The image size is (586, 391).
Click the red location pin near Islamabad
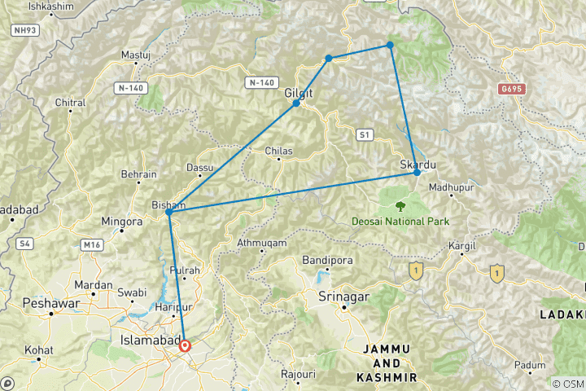pos(186,345)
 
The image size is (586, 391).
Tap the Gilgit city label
pos(299,93)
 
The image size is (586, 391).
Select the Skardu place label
pos(418,165)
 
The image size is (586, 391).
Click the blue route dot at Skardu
pos(417,172)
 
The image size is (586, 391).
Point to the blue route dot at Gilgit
pos(296,103)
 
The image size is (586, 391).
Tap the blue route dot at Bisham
pos(168,212)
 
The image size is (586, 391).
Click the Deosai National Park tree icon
pos(400,207)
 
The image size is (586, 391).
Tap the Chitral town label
pos(70,103)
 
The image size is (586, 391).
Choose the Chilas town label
pos(279,151)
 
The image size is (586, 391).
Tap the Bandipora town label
pos(325,260)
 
